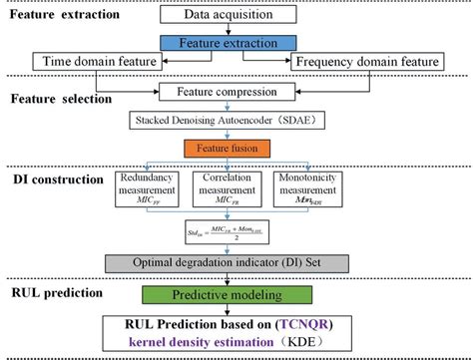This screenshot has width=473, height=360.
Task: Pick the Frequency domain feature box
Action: point(368,63)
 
